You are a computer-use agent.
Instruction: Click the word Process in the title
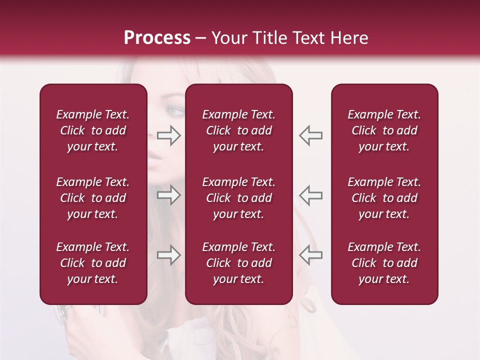tap(157, 38)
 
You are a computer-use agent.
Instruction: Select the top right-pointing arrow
tap(168, 135)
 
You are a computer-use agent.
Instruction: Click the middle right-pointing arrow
tap(168, 195)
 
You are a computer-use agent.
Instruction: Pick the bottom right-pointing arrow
tap(168, 255)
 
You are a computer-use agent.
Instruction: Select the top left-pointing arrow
tap(310, 135)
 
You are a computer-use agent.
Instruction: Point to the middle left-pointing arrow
tap(310, 195)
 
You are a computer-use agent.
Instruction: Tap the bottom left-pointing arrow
tap(310, 255)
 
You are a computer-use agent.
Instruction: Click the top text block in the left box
tap(93, 130)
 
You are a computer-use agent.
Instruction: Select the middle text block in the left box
tap(93, 198)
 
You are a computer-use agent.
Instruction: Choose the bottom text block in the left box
tap(93, 263)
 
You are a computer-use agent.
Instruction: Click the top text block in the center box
tap(238, 130)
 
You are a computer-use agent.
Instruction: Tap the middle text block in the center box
tap(238, 198)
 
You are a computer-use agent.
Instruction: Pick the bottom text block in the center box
tap(238, 263)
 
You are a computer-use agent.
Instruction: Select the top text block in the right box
tap(384, 130)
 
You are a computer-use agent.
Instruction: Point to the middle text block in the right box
tap(384, 198)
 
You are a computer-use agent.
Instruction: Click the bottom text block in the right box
tap(384, 263)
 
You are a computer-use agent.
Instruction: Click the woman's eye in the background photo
tap(173, 110)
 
